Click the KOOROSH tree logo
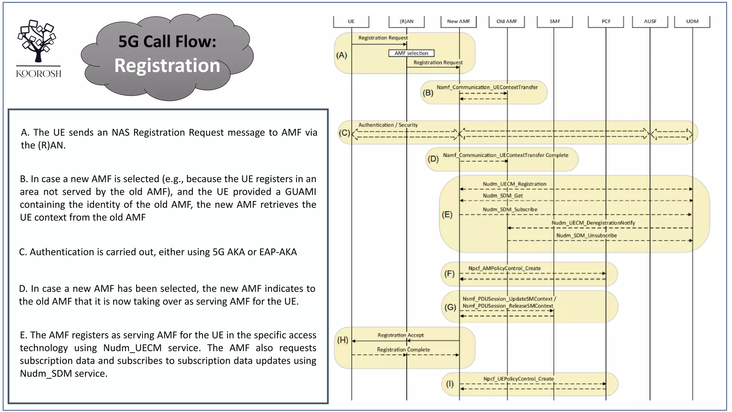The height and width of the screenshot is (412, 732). point(38,41)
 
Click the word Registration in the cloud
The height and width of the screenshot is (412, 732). point(167,66)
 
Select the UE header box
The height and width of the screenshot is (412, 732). point(351,21)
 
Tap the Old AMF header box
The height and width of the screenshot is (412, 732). point(506,21)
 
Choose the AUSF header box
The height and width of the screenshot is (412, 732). point(650,21)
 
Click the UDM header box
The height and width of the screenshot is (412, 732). point(692,21)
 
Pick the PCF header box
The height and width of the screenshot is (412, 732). point(606,21)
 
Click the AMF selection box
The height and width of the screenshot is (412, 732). point(411,53)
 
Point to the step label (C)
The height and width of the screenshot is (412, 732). point(344,133)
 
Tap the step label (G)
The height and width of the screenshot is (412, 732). point(450,307)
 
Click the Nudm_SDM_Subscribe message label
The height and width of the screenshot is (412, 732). point(510,210)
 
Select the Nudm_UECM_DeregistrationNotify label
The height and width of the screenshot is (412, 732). point(593,223)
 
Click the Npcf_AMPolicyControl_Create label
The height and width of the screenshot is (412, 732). point(504,268)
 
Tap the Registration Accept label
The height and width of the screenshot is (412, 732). point(400,335)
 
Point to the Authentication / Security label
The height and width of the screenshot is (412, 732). point(388,125)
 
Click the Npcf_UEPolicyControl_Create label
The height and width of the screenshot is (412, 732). point(518,379)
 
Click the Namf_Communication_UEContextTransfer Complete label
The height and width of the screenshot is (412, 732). point(505,155)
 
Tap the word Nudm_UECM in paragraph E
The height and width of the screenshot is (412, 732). point(132,348)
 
